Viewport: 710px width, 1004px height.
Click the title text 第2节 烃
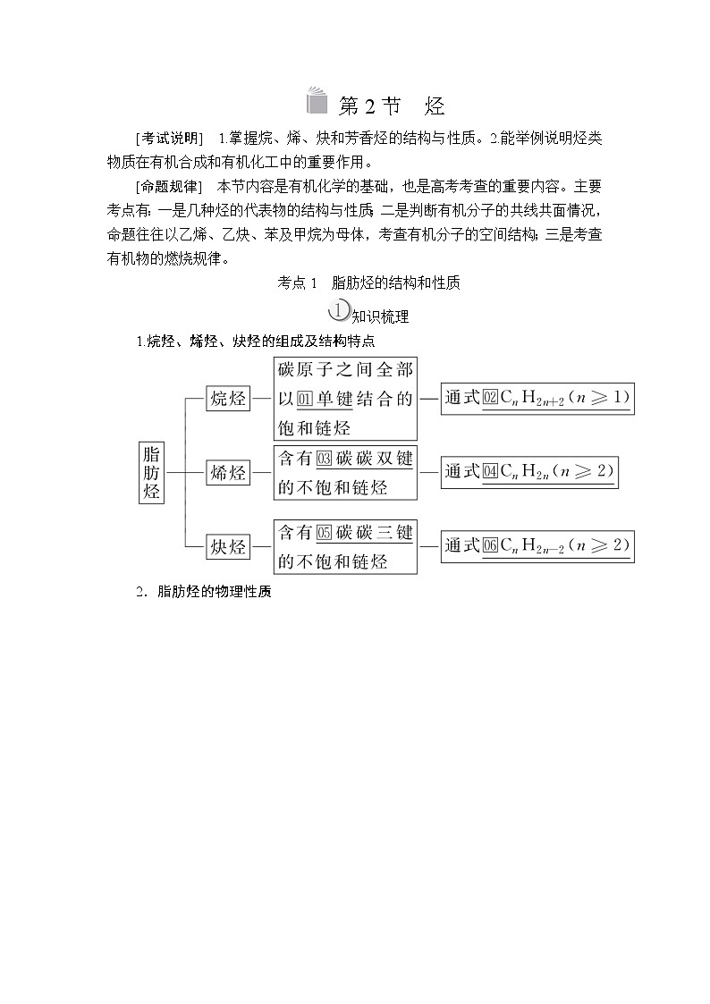[x=393, y=106]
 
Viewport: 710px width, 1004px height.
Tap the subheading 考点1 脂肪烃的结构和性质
[x=369, y=283]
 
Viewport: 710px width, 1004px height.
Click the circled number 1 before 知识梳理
[x=338, y=311]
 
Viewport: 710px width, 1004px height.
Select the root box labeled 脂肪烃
[x=152, y=471]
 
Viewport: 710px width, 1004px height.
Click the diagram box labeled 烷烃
[x=227, y=399]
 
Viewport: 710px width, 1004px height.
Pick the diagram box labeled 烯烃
[x=227, y=472]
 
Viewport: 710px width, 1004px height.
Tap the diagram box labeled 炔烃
[x=227, y=546]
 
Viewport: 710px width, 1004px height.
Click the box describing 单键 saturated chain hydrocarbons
[x=345, y=399]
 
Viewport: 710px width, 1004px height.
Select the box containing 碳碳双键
[x=345, y=472]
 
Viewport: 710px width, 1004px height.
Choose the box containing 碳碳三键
[x=345, y=546]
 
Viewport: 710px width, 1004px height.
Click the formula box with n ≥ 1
[x=537, y=398]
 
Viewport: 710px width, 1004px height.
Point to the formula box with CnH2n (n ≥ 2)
[x=529, y=472]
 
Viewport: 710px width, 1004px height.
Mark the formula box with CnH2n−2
[x=537, y=545]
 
